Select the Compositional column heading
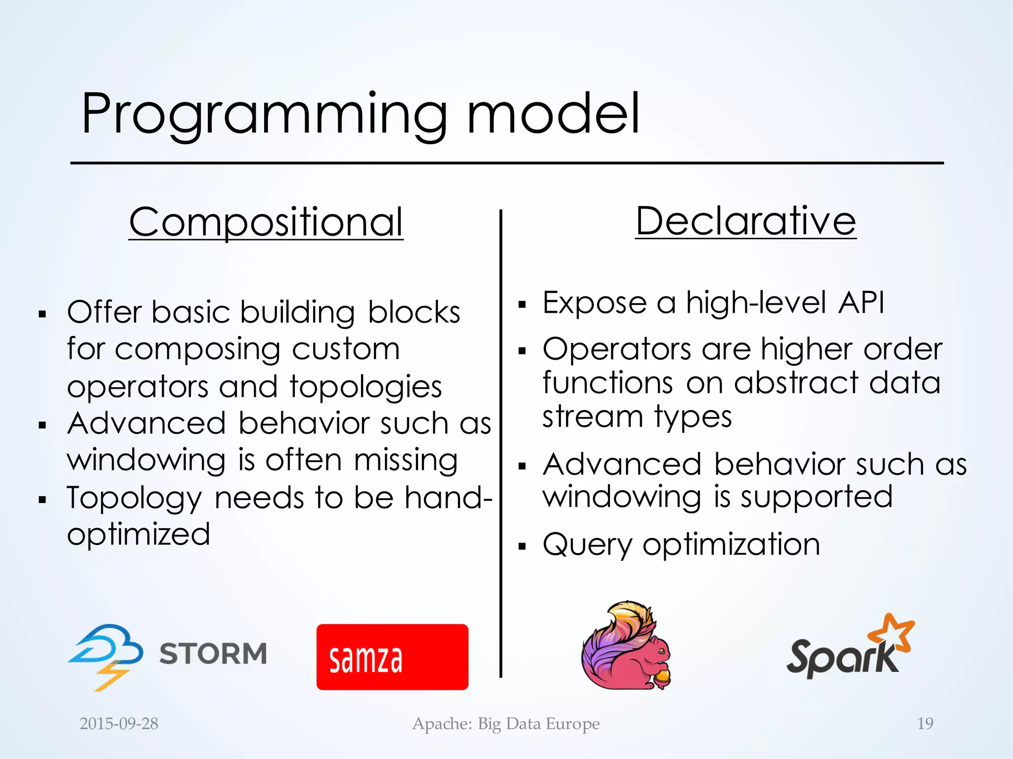(x=266, y=222)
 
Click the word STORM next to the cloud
(x=213, y=654)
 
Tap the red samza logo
(x=392, y=657)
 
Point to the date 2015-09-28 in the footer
(x=119, y=724)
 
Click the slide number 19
(x=925, y=724)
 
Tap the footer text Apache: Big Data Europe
(x=506, y=724)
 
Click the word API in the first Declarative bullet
(x=861, y=302)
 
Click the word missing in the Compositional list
(x=406, y=461)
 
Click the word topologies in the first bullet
(x=366, y=386)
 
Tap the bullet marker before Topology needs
(x=43, y=500)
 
